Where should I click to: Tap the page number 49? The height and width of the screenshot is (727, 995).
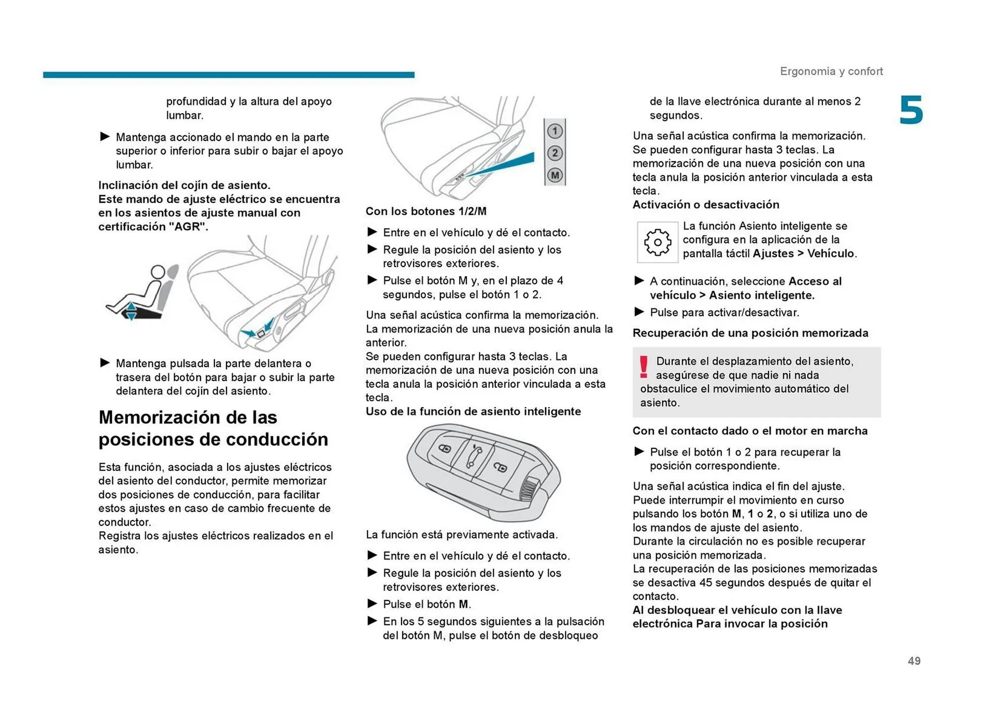pos(914,661)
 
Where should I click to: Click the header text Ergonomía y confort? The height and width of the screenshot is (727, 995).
pos(831,71)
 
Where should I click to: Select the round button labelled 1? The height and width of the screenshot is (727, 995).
pos(555,131)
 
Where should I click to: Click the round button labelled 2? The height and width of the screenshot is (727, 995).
pos(555,153)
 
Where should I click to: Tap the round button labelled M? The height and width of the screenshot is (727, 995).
pos(555,175)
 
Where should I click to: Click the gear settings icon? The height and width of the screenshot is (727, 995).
pos(657,242)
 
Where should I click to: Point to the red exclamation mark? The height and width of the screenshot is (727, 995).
pos(643,367)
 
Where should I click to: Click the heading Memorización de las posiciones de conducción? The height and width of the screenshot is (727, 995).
pos(213,428)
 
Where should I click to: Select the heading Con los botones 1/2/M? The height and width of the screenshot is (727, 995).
pos(425,211)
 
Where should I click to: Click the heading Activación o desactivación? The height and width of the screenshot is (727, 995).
pos(705,204)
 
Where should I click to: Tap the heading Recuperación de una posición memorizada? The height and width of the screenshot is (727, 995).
pos(750,333)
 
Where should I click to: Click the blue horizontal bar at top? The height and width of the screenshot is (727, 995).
pos(229,75)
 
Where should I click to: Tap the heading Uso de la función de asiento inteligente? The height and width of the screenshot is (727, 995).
pos(473,411)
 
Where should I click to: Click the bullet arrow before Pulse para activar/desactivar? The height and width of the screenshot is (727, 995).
pos(639,312)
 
